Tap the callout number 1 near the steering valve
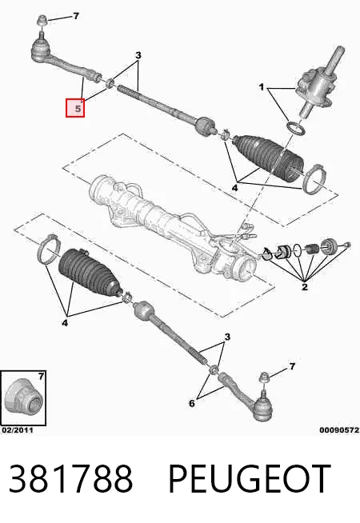click(x=262, y=87)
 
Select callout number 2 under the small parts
click(x=304, y=287)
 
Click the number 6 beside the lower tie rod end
click(x=192, y=403)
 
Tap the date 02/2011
click(x=18, y=430)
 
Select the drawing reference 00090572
click(x=339, y=430)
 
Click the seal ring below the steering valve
click(x=296, y=129)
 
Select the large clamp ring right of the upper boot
click(x=314, y=179)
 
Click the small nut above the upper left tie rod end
click(x=42, y=20)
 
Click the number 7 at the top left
click(x=76, y=16)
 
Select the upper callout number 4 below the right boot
click(x=234, y=188)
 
